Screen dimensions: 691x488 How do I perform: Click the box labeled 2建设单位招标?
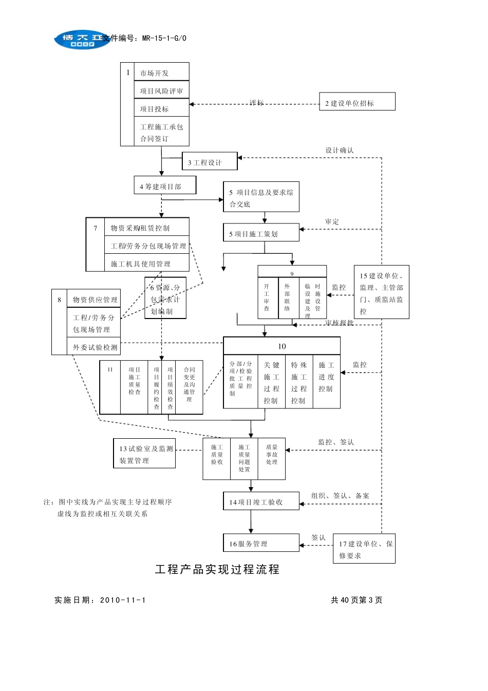click(x=357, y=102)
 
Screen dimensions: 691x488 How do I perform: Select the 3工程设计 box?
click(x=210, y=161)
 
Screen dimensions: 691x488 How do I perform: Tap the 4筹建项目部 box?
click(x=164, y=185)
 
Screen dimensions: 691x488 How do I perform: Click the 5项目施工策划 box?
click(x=261, y=233)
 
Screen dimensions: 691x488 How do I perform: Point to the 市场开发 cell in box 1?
click(x=161, y=72)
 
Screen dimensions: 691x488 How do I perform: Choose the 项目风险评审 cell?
click(x=161, y=90)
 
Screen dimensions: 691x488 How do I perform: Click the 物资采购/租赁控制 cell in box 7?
click(x=146, y=227)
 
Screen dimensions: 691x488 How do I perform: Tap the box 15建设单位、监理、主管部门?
click(x=381, y=292)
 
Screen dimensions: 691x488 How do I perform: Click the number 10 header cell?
click(x=281, y=346)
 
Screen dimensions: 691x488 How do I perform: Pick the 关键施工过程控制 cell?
click(x=271, y=382)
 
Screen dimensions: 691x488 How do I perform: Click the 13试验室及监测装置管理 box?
click(x=144, y=454)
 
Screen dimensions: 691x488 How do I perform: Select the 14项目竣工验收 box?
click(x=261, y=501)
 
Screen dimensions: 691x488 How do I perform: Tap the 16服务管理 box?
click(x=261, y=543)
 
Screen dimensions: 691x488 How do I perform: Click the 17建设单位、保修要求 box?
click(x=364, y=549)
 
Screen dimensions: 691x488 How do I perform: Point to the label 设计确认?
click(x=339, y=150)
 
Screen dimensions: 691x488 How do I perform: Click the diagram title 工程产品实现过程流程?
click(x=217, y=569)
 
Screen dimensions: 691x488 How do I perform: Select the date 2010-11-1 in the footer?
click(x=123, y=600)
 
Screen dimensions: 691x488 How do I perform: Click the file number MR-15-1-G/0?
click(x=164, y=38)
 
